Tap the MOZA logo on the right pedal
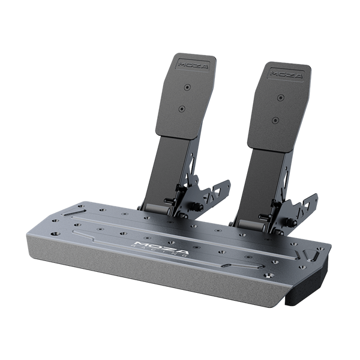(x=281, y=73)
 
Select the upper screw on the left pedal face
(x=186, y=87)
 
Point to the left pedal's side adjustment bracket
(x=213, y=192)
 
